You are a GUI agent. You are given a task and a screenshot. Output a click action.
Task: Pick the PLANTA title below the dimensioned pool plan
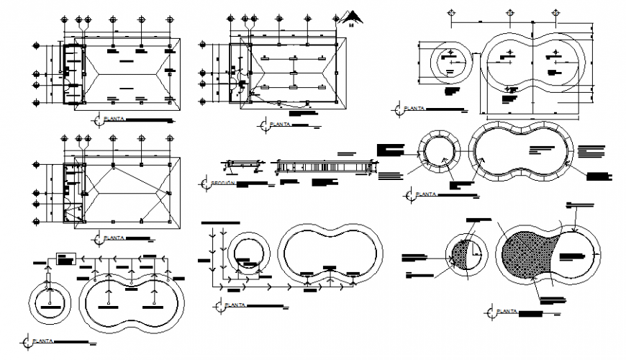(413, 109)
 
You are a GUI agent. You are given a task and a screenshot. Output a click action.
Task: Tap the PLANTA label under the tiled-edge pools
(423, 194)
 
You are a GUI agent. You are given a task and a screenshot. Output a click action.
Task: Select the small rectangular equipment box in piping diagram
(65, 258)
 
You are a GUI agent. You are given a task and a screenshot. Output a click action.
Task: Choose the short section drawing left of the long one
(240, 166)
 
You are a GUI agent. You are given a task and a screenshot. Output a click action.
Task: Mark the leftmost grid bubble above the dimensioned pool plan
(451, 13)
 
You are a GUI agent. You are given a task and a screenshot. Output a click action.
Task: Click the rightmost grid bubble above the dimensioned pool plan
(556, 13)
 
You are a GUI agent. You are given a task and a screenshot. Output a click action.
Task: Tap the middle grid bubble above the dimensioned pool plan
(509, 13)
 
